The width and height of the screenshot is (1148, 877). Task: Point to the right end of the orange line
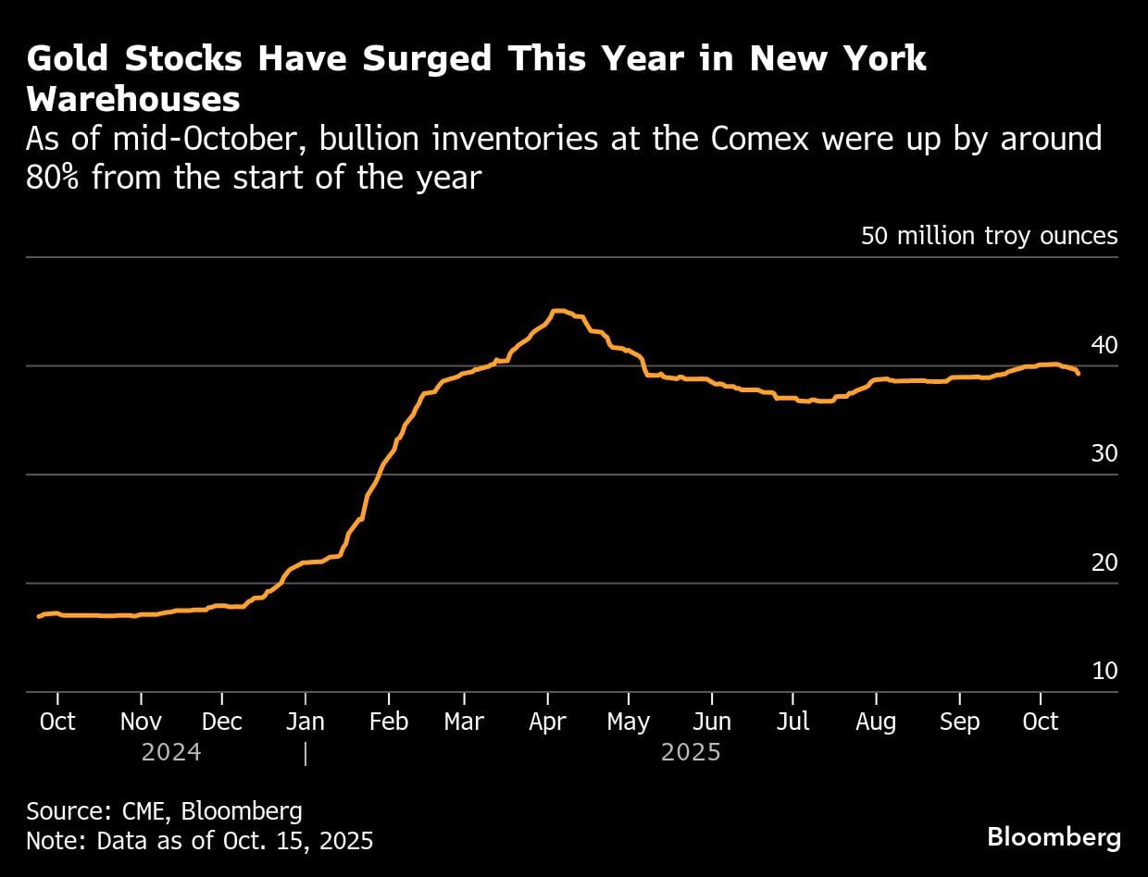[1079, 374]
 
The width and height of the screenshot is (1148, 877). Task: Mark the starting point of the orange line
[38, 616]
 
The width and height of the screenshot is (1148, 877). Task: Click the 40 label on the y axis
[1104, 345]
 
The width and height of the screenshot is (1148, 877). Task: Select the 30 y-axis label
[1104, 454]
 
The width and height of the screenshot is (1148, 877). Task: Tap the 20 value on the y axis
[1104, 562]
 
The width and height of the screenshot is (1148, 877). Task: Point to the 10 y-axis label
[1104, 671]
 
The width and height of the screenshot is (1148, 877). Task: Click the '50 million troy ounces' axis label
[989, 236]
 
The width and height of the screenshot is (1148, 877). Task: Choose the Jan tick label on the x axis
[306, 722]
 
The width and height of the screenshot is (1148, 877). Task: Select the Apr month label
[547, 722]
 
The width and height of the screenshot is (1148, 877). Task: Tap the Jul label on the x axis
[793, 722]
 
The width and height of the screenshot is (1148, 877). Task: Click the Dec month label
[222, 722]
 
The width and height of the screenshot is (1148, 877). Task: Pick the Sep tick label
[959, 722]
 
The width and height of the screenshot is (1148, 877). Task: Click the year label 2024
[171, 752]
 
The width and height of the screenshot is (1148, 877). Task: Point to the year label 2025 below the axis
[691, 752]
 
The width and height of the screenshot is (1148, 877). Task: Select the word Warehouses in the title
[133, 99]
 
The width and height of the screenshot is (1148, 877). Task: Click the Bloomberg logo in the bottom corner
[1054, 837]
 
